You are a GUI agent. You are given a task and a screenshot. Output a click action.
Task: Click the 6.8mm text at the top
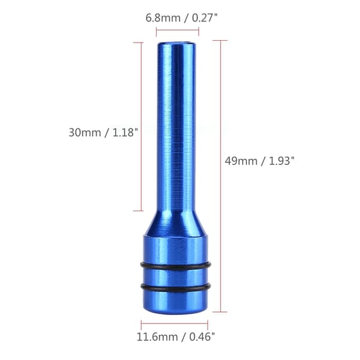[163, 18]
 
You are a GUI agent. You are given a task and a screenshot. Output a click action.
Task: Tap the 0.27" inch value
[205, 17]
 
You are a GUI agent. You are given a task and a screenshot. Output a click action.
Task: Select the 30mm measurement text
[85, 133]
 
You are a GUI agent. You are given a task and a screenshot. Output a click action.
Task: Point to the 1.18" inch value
[125, 133]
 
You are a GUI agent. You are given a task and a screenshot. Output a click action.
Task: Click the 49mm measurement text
[241, 161]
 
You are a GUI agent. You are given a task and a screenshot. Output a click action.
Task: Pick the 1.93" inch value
[281, 161]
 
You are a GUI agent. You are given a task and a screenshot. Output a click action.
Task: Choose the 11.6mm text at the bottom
[157, 337]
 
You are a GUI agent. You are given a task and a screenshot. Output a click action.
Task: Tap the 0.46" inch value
[202, 337]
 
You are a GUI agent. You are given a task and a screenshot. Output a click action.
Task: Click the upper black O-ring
[176, 266]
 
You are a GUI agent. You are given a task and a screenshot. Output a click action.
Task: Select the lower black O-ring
[176, 288]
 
